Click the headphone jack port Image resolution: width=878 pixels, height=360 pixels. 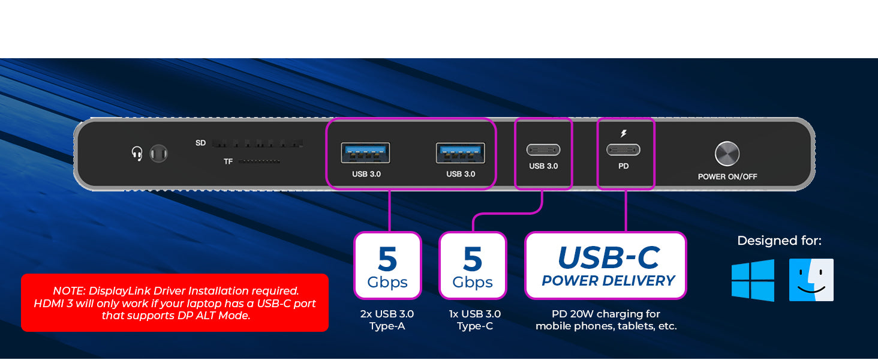click(x=158, y=154)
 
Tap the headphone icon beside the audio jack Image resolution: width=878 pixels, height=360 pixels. click(x=137, y=154)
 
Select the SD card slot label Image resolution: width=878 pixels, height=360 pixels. click(x=201, y=143)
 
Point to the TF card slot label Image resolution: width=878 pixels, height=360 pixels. click(x=228, y=161)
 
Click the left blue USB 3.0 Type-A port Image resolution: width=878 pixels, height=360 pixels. click(x=365, y=152)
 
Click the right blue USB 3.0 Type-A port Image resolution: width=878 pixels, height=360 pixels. click(x=460, y=152)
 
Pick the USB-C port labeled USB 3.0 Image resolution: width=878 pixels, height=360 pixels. click(x=543, y=149)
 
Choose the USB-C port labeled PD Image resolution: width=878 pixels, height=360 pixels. click(x=623, y=149)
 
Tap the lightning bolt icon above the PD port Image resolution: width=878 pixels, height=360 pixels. click(x=624, y=134)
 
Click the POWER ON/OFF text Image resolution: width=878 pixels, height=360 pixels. click(x=727, y=177)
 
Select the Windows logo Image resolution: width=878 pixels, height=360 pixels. click(x=753, y=280)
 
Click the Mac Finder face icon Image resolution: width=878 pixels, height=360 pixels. click(x=811, y=280)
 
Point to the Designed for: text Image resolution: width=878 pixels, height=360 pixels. click(x=779, y=241)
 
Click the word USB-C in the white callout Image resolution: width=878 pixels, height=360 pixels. click(x=608, y=258)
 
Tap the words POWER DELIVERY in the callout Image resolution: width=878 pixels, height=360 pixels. click(x=608, y=281)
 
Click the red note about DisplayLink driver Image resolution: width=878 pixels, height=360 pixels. click(x=175, y=303)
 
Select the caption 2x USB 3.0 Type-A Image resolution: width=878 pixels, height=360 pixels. click(x=387, y=320)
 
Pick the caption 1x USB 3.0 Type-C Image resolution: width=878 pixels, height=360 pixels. click(x=474, y=320)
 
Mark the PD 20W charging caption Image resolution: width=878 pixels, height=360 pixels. click(x=606, y=320)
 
